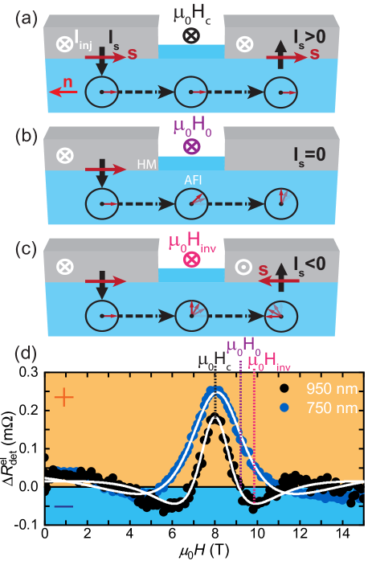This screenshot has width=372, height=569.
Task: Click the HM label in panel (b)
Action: [147, 164]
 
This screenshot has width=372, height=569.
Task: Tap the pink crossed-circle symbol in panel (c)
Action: [191, 260]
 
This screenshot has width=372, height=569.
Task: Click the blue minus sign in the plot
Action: [63, 506]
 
